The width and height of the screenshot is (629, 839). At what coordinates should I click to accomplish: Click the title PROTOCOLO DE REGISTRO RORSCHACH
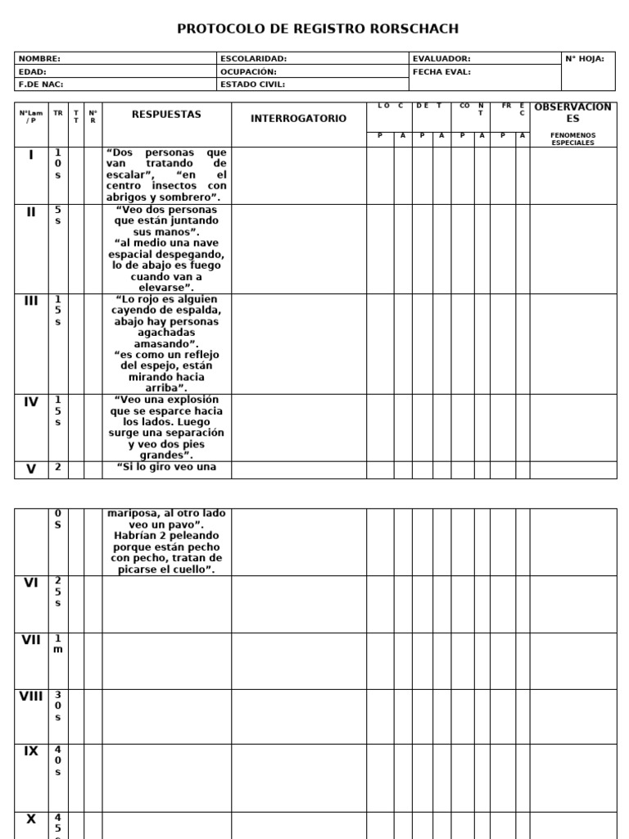(318, 29)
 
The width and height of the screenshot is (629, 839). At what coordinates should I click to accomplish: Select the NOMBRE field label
(39, 59)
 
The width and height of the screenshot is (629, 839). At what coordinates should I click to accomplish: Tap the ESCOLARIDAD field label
(253, 59)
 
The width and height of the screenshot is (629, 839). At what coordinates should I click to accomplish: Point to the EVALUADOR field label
(441, 59)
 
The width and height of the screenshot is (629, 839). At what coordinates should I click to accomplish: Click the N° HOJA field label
(585, 59)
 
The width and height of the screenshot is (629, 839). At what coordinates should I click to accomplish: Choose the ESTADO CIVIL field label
(254, 84)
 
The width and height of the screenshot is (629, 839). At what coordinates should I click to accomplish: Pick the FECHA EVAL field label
(442, 71)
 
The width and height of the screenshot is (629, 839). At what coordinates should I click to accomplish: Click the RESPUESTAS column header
(166, 115)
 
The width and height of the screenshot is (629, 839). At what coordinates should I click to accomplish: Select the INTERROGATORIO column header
(298, 119)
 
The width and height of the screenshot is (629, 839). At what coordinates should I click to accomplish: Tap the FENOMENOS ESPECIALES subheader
(572, 138)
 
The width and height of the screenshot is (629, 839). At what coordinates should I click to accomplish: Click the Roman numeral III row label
(31, 301)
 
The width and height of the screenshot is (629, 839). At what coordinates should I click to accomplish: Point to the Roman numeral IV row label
(31, 402)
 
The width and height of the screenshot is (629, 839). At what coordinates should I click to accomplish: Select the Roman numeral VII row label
(31, 640)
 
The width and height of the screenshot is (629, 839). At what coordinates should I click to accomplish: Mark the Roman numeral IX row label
(31, 751)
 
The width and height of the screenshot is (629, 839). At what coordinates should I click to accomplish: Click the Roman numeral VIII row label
(31, 696)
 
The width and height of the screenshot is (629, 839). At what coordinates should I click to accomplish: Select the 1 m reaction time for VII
(58, 643)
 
